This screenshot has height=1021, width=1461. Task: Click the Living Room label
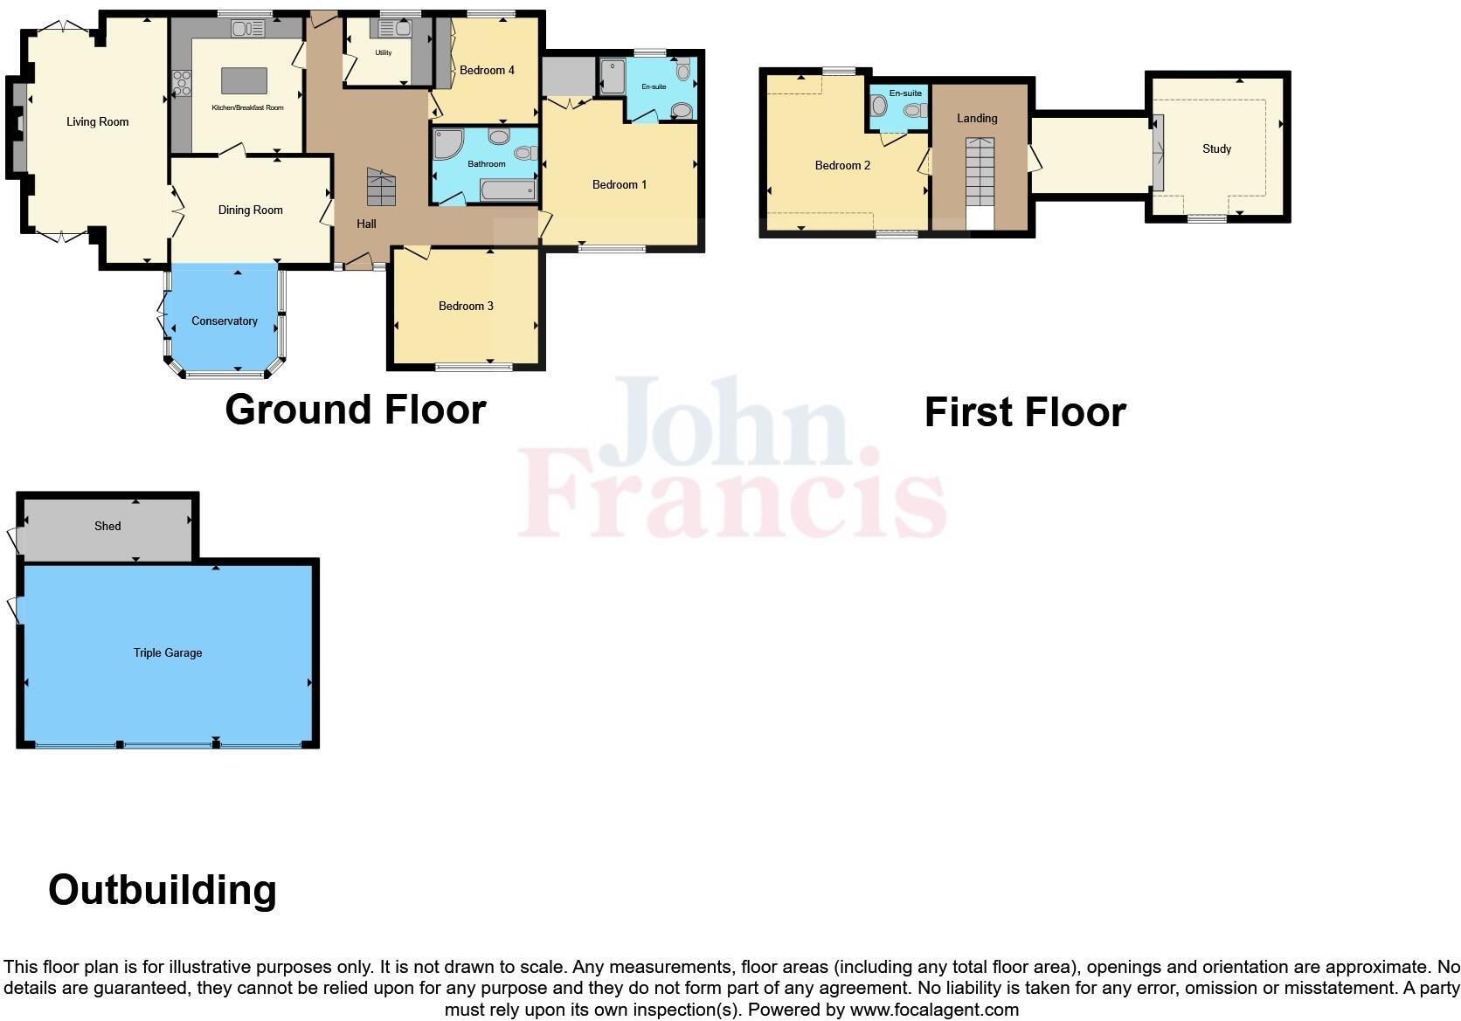click(x=97, y=122)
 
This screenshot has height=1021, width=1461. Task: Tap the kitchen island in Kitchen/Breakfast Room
click(x=244, y=80)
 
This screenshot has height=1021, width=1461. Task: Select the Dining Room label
click(x=250, y=210)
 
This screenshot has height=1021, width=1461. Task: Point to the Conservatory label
click(x=225, y=321)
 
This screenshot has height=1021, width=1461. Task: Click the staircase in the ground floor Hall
click(x=381, y=186)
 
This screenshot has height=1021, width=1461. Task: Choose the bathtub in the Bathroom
click(x=508, y=190)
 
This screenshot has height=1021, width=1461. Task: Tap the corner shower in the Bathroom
click(x=447, y=144)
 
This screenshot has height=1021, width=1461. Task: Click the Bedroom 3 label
click(x=466, y=306)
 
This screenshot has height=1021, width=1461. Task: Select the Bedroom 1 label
click(x=620, y=184)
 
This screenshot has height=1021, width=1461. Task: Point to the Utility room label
click(x=384, y=53)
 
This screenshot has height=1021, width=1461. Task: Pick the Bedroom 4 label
click(x=487, y=70)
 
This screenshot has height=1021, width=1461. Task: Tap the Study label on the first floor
click(x=1216, y=148)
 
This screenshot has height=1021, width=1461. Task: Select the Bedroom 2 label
click(x=842, y=165)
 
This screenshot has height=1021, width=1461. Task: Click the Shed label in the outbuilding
click(x=107, y=526)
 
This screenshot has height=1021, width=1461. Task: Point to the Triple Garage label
click(x=168, y=652)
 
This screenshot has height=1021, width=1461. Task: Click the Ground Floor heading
click(x=355, y=410)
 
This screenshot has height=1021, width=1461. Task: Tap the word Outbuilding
click(x=163, y=890)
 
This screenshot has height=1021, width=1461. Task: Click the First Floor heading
click(x=1025, y=412)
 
